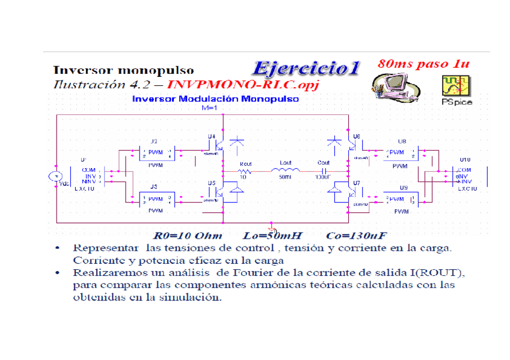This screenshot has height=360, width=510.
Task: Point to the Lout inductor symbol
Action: coord(286,170)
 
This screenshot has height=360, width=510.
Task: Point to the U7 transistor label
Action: coord(357,182)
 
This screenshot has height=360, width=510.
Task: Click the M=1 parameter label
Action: coord(208,108)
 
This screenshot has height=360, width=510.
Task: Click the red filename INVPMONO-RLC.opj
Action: coord(243,84)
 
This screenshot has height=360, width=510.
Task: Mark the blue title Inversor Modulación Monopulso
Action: coord(215,99)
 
